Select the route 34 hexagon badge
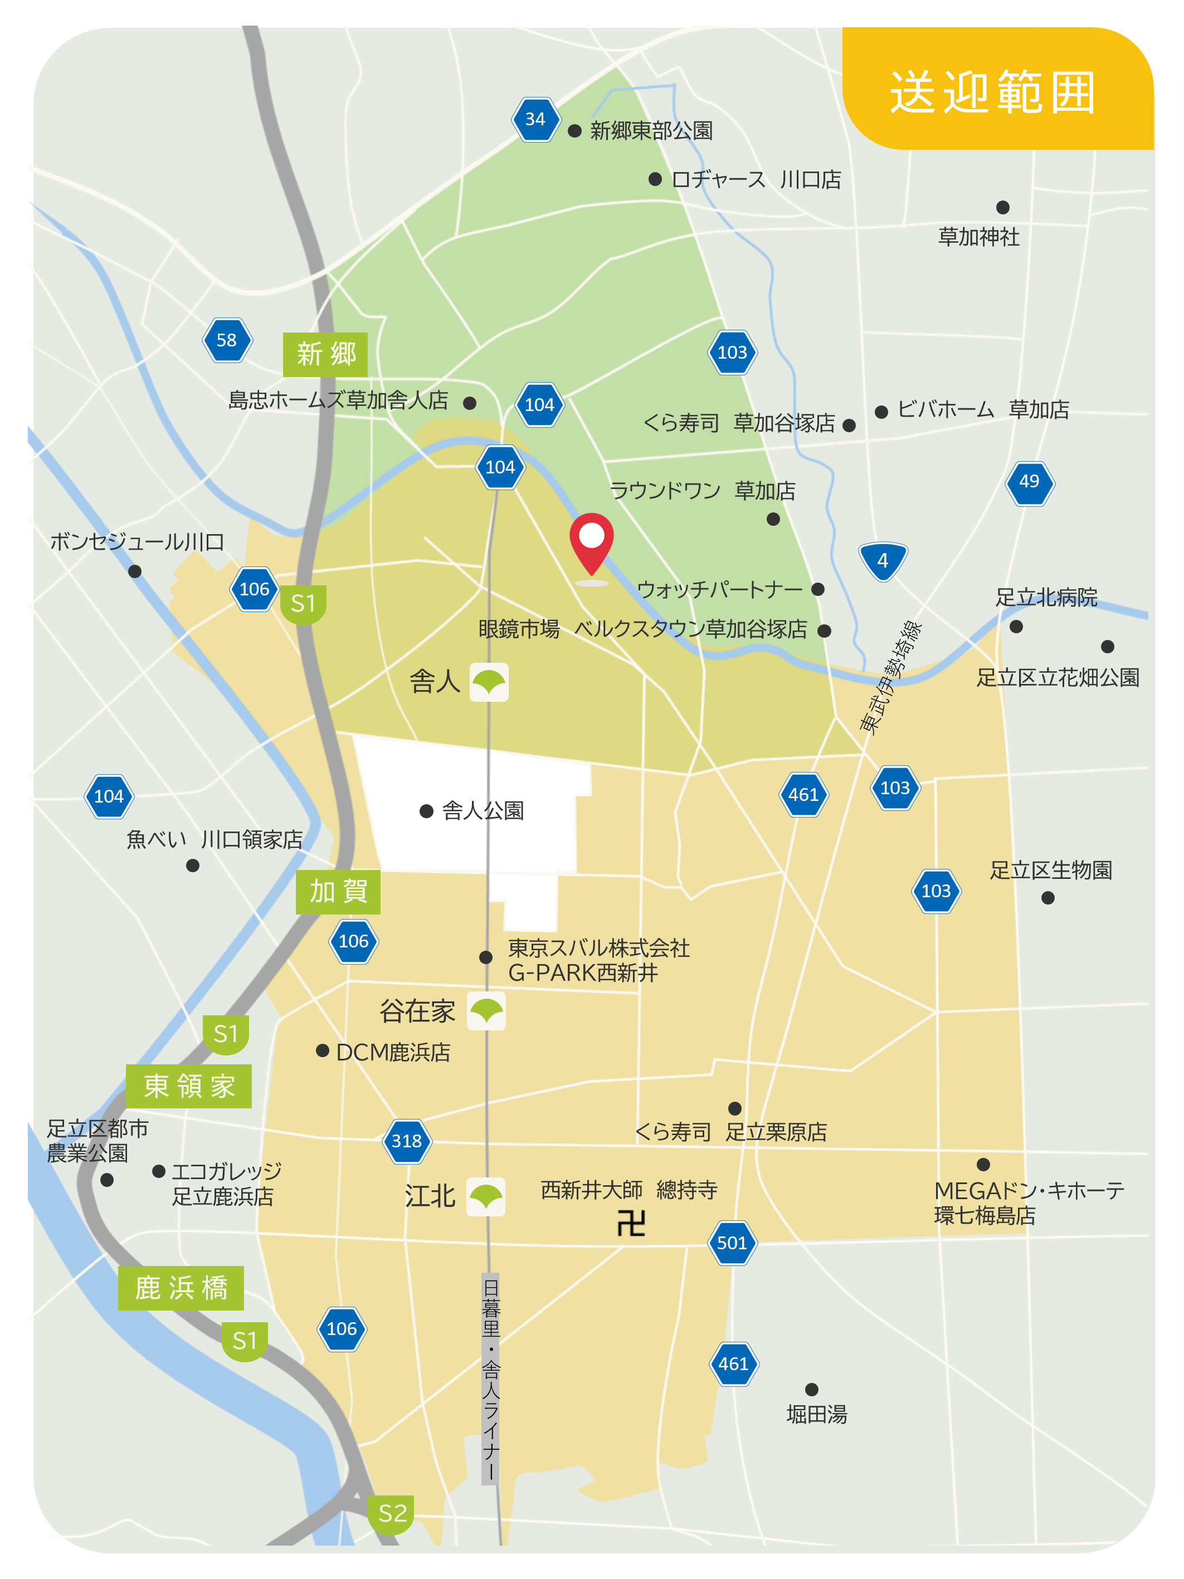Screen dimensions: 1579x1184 pos(535,119)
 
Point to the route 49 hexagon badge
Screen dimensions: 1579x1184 pos(1029,482)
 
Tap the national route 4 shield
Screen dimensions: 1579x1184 pos(883,560)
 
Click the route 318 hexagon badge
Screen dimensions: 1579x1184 pos(406,1141)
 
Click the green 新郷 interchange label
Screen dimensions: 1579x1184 pos(325,354)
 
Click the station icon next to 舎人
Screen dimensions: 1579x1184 pos(489,682)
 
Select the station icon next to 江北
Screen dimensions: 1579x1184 pos(486,1196)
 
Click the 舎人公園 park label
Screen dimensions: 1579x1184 pos(483,811)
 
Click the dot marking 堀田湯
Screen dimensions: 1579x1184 pos(811,1389)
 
